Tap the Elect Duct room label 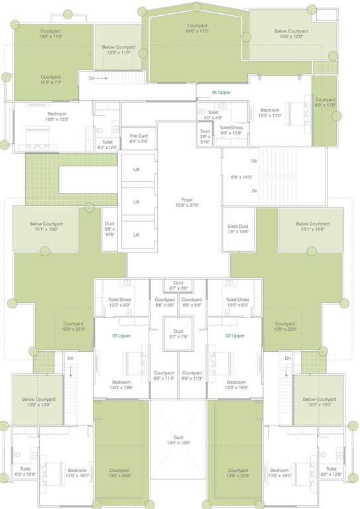point(237,229)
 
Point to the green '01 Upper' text point(221,92)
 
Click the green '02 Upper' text point(236,336)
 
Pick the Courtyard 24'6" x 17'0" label point(197,28)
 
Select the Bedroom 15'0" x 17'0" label point(270,113)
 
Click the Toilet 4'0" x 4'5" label point(213,115)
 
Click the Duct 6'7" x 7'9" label point(178,333)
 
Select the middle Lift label point(136,202)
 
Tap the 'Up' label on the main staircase point(254,161)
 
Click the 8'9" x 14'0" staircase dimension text point(241,177)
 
